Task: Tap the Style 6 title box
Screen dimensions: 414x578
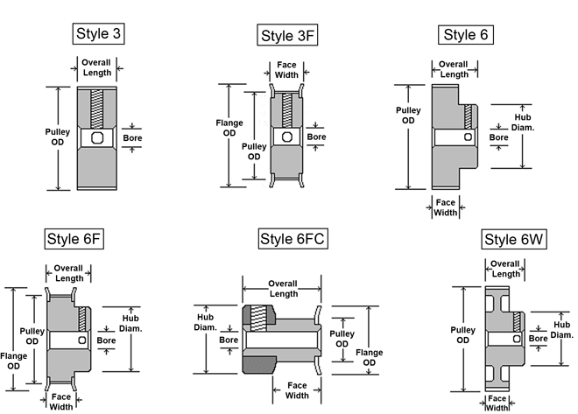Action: tap(465, 35)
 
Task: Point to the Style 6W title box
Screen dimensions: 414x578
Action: tap(514, 240)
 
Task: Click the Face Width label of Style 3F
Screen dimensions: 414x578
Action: tap(286, 70)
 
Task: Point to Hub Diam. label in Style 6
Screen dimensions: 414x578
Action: tap(524, 121)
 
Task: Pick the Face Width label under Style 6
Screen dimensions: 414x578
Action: tap(446, 207)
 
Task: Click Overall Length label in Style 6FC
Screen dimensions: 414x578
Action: tap(283, 289)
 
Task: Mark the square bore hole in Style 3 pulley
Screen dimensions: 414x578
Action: tap(95, 138)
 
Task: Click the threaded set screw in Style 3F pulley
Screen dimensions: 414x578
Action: tap(286, 110)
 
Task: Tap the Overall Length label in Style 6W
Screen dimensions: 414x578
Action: tap(505, 269)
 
